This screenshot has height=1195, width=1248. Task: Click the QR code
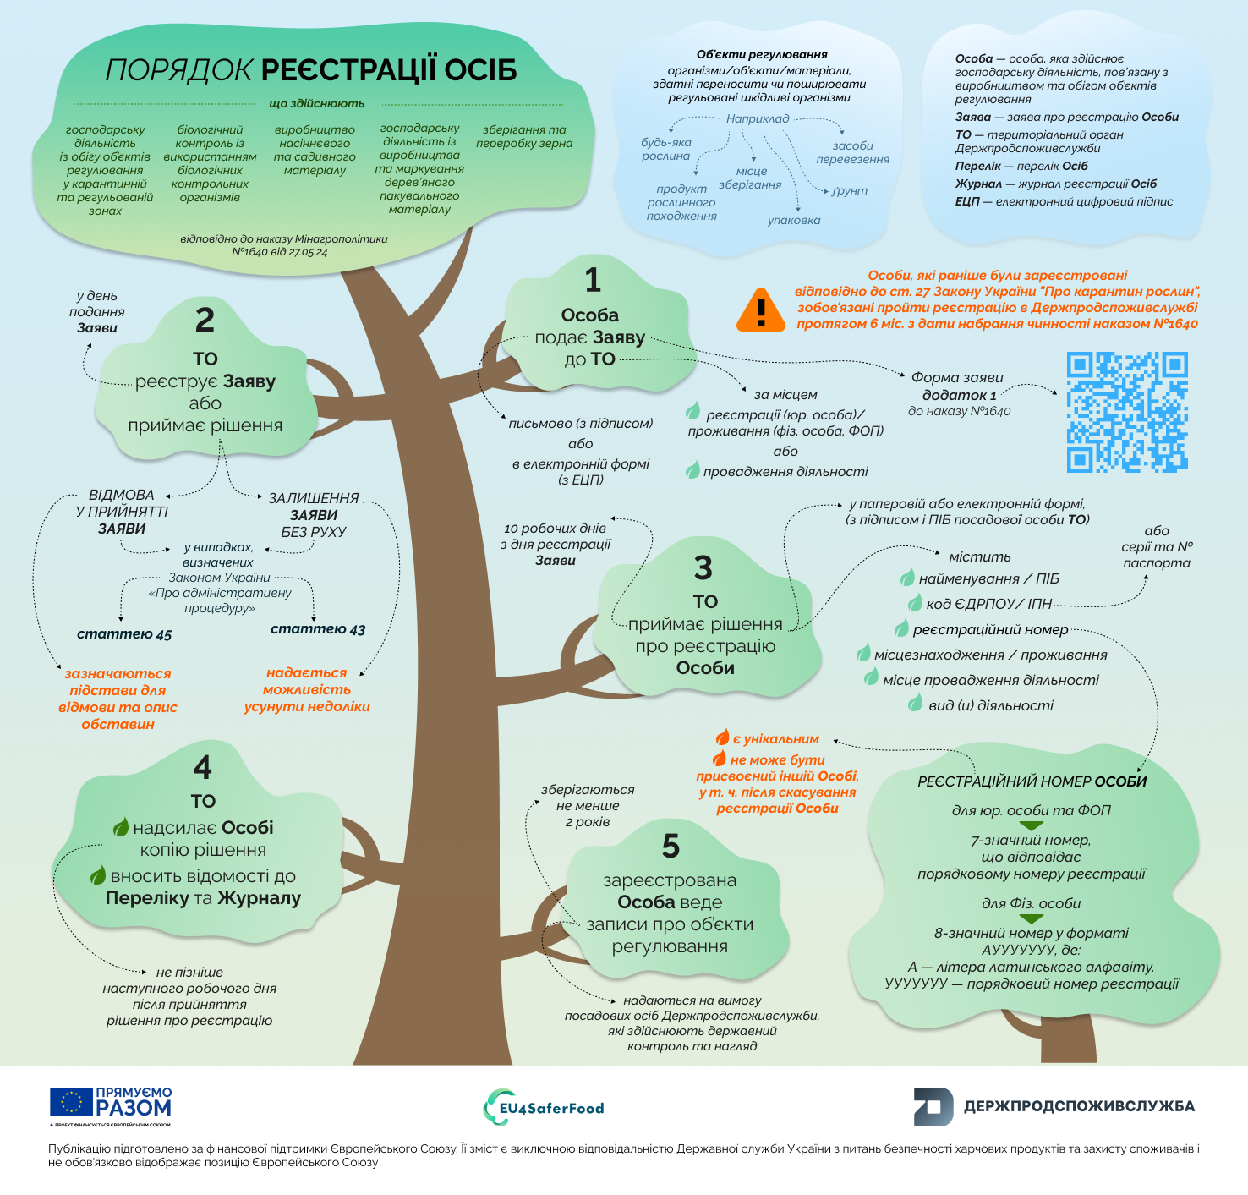[x=1127, y=412]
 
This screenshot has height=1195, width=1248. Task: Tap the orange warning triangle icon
[x=761, y=310]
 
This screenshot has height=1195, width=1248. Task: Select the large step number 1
[x=593, y=280]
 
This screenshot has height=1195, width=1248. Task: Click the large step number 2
[x=205, y=320]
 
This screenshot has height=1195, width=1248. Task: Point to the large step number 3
[x=703, y=568]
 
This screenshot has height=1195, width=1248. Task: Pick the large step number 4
[x=203, y=767]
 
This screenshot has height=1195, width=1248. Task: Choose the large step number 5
[x=671, y=846]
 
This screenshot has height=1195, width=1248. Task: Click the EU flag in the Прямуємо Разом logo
[x=71, y=1102]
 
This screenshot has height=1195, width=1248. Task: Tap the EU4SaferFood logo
[x=544, y=1107]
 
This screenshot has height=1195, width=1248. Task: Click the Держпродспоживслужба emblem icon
[x=933, y=1106]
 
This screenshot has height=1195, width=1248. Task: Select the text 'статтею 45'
[x=124, y=634]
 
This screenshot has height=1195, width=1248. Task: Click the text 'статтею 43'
[x=318, y=629]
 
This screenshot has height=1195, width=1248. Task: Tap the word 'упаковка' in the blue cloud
[x=794, y=221]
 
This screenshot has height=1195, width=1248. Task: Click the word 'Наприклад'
[x=758, y=118]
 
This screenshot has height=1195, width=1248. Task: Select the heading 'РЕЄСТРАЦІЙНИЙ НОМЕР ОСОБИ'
[x=1032, y=781]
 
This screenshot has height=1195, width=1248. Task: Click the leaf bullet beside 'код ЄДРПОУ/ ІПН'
[x=915, y=603]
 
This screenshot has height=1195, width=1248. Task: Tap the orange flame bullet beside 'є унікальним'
[x=722, y=737]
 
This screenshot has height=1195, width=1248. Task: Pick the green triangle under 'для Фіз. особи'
[x=1031, y=918]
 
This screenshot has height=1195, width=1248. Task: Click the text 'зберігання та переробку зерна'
[x=524, y=137]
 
